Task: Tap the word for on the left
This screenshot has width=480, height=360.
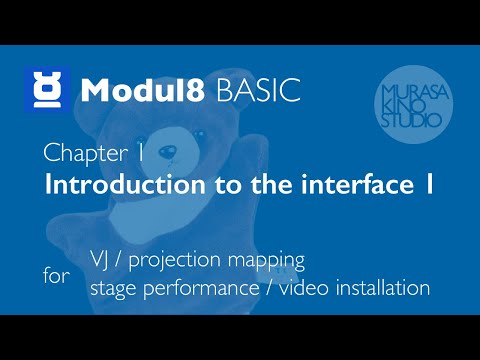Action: [57, 275]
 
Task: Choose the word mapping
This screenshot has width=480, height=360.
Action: [267, 261]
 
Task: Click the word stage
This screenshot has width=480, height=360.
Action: [112, 289]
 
